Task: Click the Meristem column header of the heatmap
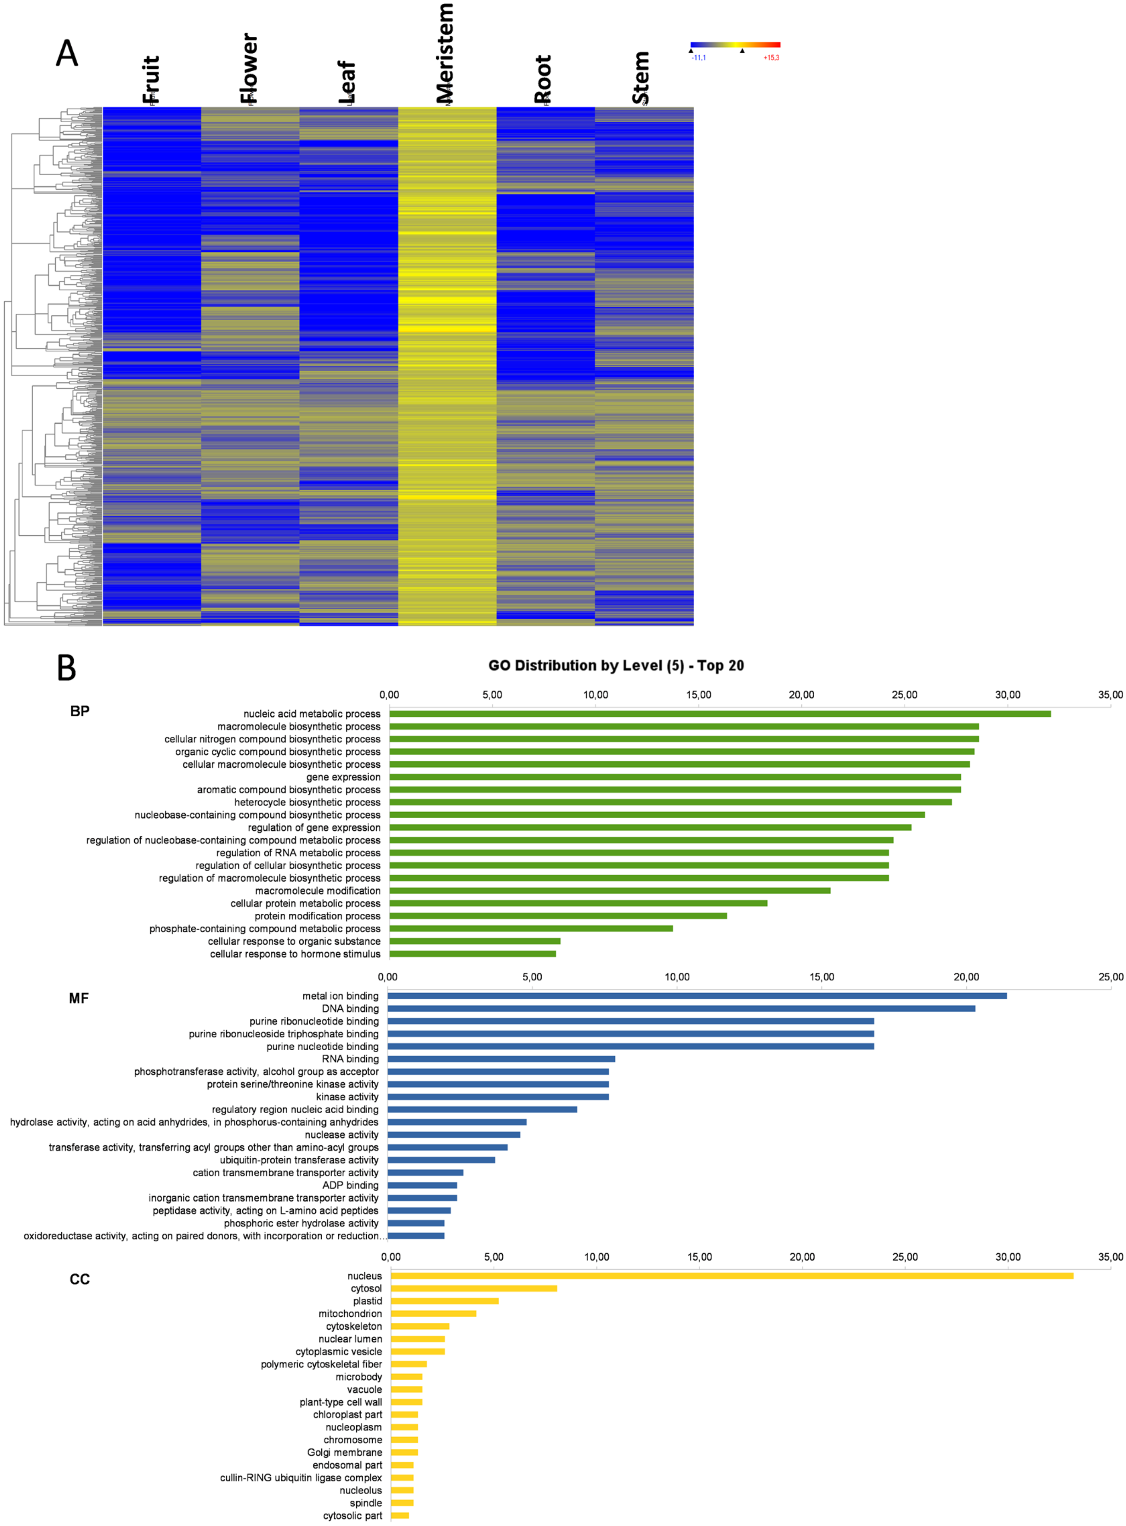[444, 53]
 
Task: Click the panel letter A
[67, 53]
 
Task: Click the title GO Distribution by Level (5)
[615, 665]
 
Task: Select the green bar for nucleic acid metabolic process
[719, 713]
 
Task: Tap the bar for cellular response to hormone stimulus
[472, 954]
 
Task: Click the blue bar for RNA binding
[501, 1058]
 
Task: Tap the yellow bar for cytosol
[474, 1288]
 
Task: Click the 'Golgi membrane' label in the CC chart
[344, 1452]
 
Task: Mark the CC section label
[80, 1279]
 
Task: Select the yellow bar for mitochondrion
[434, 1313]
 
